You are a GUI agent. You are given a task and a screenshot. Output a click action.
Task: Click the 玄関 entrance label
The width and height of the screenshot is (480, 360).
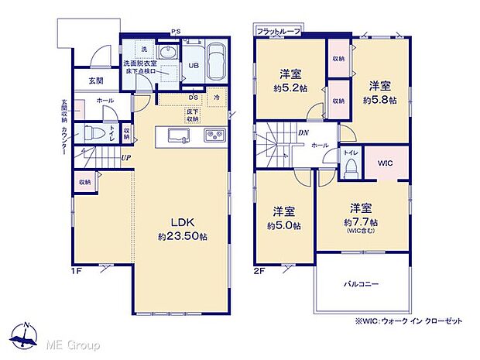95,81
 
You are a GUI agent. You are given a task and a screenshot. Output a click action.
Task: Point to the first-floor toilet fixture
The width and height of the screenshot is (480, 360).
92,132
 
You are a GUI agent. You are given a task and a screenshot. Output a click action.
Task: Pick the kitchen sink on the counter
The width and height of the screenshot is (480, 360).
177,138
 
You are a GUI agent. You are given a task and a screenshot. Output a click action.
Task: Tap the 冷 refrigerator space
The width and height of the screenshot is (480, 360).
217,98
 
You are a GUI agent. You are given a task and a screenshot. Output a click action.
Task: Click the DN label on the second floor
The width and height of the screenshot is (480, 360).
303,132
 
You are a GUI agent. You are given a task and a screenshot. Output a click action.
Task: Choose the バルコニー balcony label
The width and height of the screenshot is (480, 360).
361,285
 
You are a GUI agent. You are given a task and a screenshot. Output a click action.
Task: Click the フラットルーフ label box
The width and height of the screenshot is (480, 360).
278,31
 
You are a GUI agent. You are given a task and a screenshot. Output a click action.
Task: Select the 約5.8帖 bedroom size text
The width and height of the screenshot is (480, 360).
379,100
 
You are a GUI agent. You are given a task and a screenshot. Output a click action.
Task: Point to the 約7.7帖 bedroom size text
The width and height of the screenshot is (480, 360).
360,221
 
